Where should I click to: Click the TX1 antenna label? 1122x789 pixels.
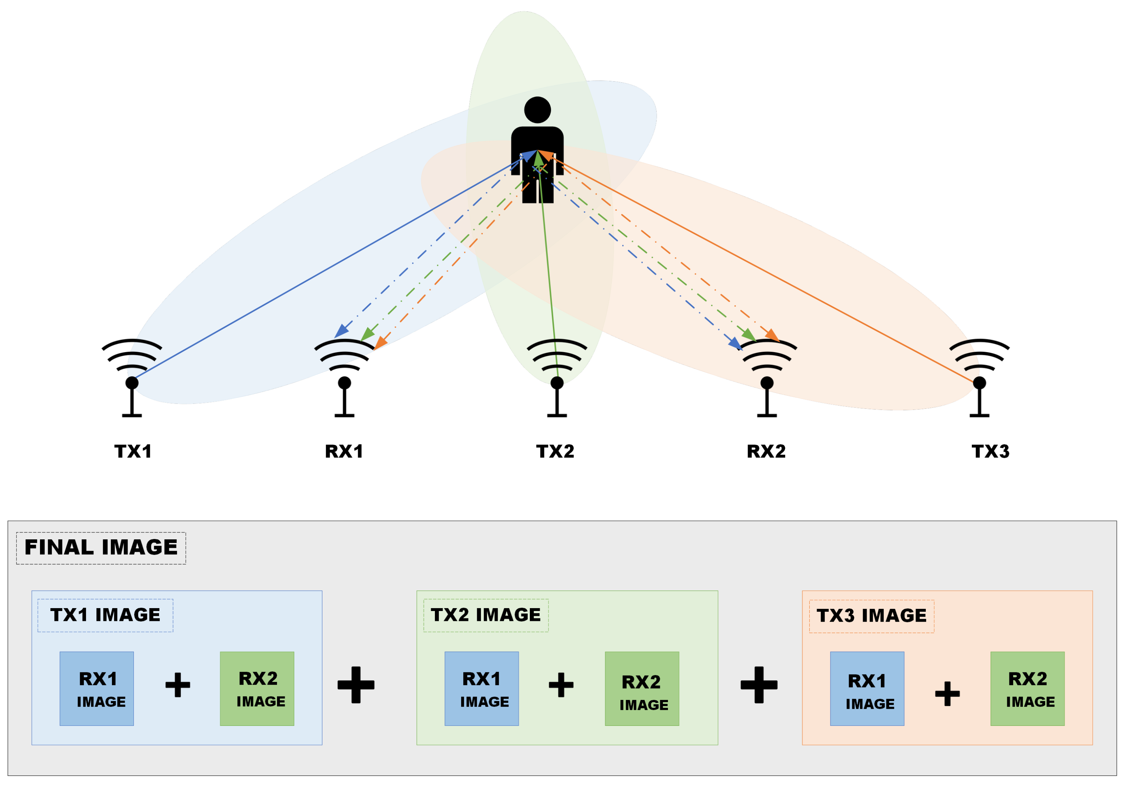tap(133, 451)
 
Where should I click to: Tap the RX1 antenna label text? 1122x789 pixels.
tap(344, 451)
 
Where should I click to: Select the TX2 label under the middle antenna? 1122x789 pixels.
tap(555, 451)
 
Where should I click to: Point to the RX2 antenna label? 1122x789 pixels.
tap(766, 451)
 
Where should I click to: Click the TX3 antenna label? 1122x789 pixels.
tap(990, 451)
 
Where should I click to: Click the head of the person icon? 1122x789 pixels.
tap(538, 110)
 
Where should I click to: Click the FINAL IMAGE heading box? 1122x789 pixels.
tap(101, 548)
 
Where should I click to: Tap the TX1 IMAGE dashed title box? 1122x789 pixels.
tap(105, 615)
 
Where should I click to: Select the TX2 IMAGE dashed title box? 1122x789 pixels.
tap(486, 615)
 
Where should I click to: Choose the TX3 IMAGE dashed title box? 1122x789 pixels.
tap(871, 616)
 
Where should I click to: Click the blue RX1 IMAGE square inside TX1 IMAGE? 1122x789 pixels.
tap(97, 688)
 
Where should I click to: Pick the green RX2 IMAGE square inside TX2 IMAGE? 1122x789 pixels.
tap(642, 688)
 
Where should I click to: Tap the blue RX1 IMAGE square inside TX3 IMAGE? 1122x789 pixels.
tap(867, 688)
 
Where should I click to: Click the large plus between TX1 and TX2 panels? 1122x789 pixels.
tap(356, 684)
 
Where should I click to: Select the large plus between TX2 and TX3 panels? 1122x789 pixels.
tap(759, 684)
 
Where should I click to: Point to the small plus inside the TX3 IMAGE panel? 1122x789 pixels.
tap(947, 693)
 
